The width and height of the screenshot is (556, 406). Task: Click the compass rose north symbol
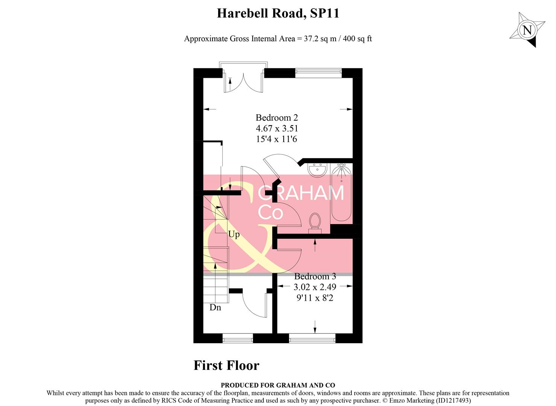pyautogui.click(x=527, y=30)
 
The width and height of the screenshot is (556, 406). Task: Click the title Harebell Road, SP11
pyautogui.click(x=278, y=14)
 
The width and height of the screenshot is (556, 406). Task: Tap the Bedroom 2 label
pyautogui.click(x=276, y=118)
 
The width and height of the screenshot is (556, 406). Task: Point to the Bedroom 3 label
pyautogui.click(x=315, y=276)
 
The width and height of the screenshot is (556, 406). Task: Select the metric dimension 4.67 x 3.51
pyautogui.click(x=276, y=128)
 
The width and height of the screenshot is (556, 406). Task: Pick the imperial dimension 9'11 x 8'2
pyautogui.click(x=315, y=298)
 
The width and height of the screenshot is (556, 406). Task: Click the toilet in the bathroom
pyautogui.click(x=314, y=222)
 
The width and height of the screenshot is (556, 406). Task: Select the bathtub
pyautogui.click(x=341, y=194)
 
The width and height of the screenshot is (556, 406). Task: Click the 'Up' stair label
pyautogui.click(x=234, y=235)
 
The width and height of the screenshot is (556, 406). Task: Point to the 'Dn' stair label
pyautogui.click(x=215, y=308)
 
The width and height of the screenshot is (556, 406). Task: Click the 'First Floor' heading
pyautogui.click(x=226, y=365)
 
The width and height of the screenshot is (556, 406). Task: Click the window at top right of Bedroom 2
pyautogui.click(x=318, y=73)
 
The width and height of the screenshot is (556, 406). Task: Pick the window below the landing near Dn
pyautogui.click(x=238, y=339)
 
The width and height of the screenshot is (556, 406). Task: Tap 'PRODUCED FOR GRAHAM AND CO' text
pyautogui.click(x=278, y=385)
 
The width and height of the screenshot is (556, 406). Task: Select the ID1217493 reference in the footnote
pyautogui.click(x=453, y=400)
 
